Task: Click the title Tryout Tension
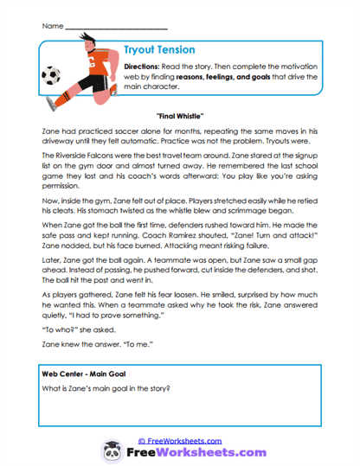[161, 51]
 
